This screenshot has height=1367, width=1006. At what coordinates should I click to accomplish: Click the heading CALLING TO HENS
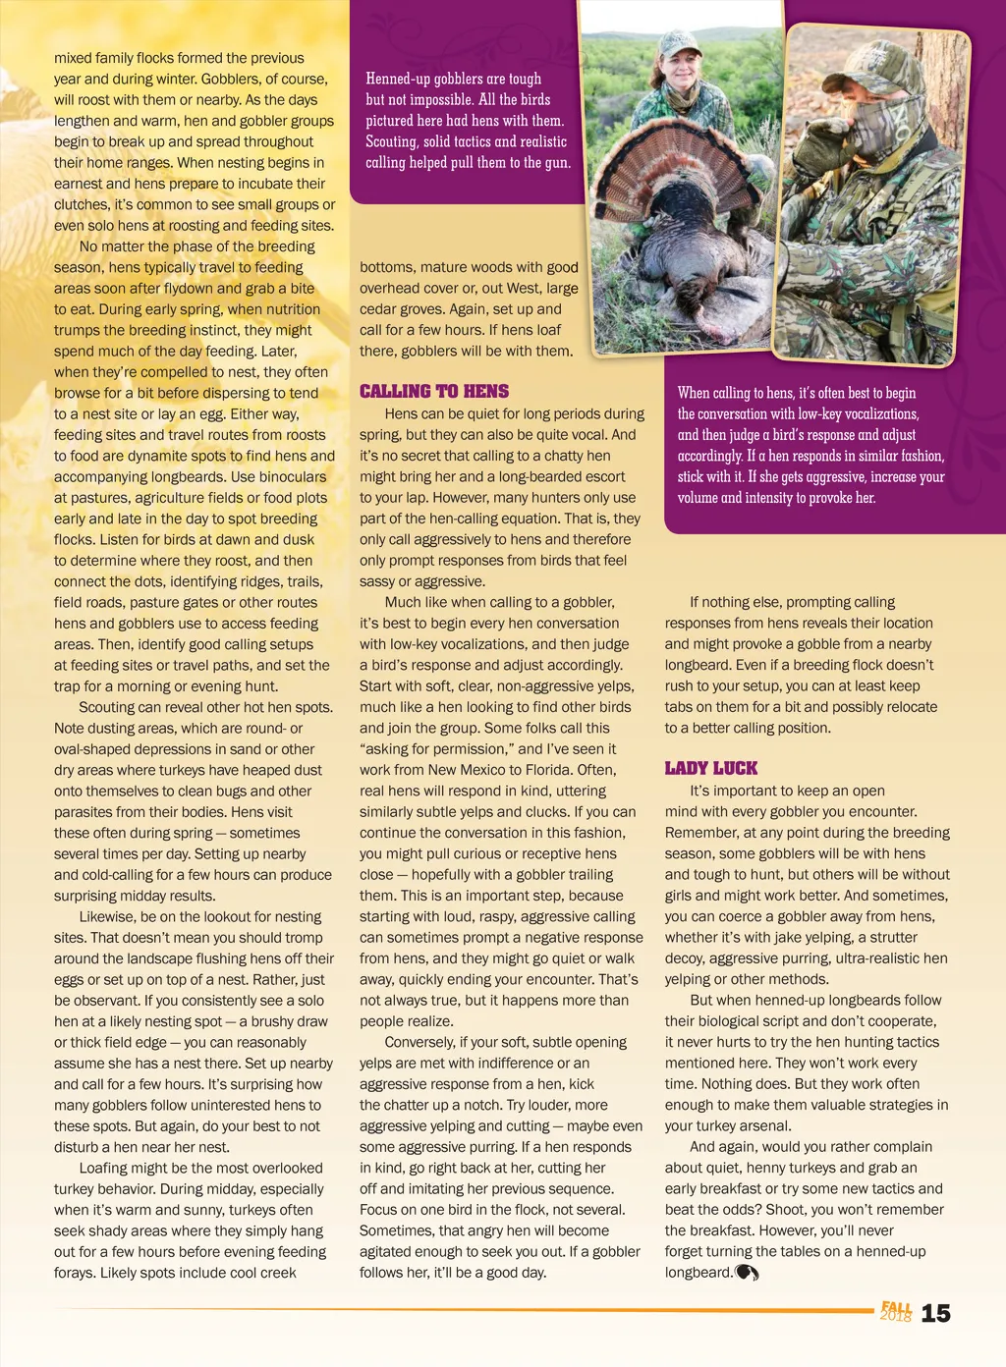433,391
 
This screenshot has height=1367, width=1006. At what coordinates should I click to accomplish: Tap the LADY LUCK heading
710,768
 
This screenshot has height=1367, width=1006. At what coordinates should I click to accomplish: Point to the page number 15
935,1313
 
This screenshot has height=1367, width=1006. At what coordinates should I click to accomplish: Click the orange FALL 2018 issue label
895,1311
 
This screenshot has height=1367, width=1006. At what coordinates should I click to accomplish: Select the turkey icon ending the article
747,1273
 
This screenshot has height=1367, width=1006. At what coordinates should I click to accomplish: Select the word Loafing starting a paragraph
105,1168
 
